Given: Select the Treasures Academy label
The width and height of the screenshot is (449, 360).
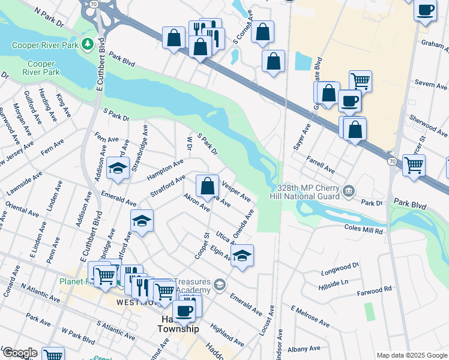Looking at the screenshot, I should pyautogui.click(x=193, y=287).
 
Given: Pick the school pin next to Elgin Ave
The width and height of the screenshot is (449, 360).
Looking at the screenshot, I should pyautogui.click(x=241, y=255).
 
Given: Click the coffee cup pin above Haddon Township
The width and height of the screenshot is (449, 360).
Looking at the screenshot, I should pyautogui.click(x=185, y=310).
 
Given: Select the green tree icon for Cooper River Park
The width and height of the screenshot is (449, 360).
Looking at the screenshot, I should pyautogui.click(x=88, y=44).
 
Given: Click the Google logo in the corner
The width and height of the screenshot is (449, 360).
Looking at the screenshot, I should pyautogui.click(x=19, y=353).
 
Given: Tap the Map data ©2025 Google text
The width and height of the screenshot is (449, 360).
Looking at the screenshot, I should pyautogui.click(x=412, y=355).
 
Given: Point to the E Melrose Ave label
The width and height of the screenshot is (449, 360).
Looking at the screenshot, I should pyautogui.click(x=310, y=317).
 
